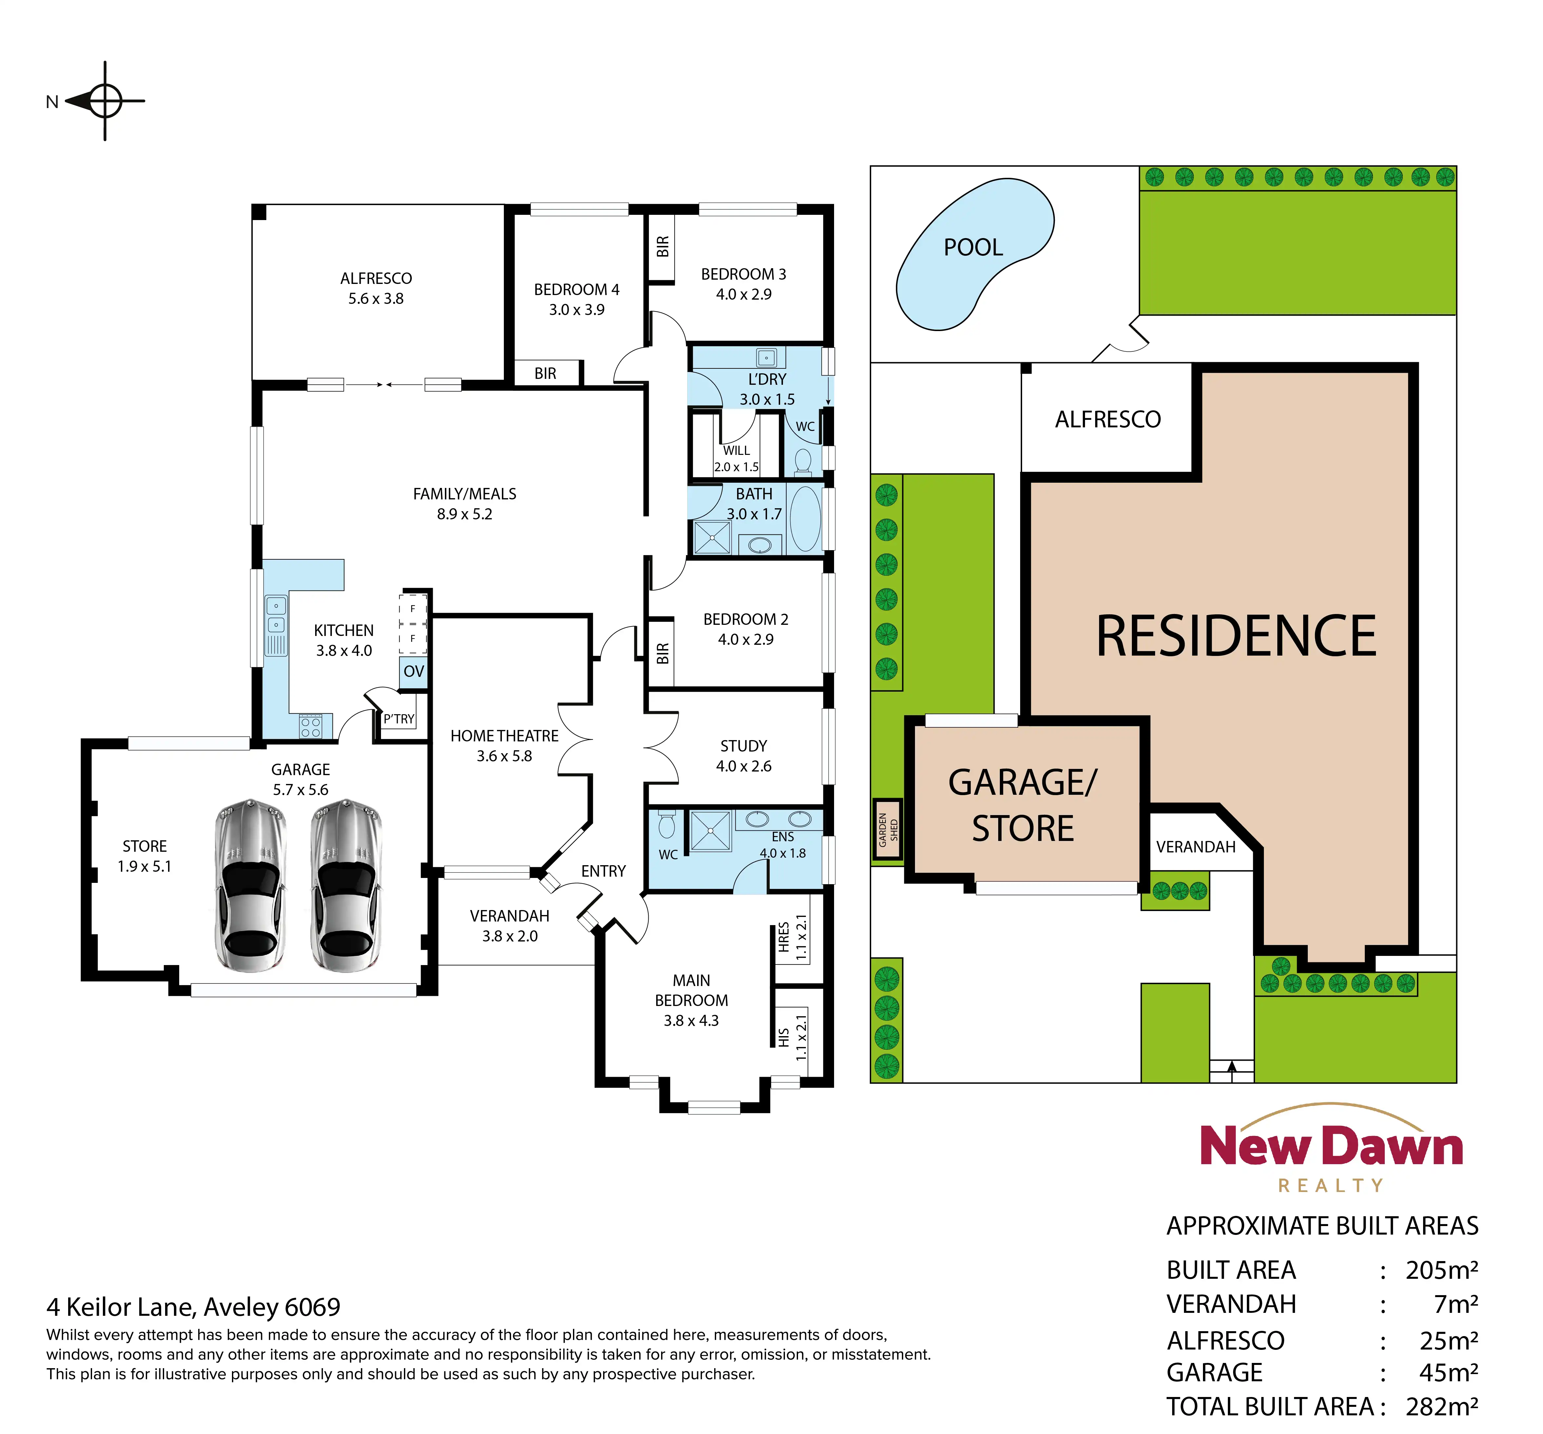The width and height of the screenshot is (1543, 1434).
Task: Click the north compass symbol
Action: (105, 101)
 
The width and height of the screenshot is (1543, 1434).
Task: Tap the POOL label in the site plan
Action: (973, 248)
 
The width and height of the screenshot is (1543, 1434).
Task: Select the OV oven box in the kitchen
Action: (414, 671)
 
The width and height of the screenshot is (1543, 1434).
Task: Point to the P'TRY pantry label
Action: (399, 719)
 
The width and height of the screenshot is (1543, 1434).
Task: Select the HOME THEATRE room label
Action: (505, 736)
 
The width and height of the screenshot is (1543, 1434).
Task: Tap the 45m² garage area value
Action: (1448, 1373)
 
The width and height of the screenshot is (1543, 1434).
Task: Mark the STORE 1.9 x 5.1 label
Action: (144, 856)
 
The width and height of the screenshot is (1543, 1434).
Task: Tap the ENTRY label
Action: (603, 871)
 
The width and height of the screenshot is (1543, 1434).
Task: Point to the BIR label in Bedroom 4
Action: (546, 373)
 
